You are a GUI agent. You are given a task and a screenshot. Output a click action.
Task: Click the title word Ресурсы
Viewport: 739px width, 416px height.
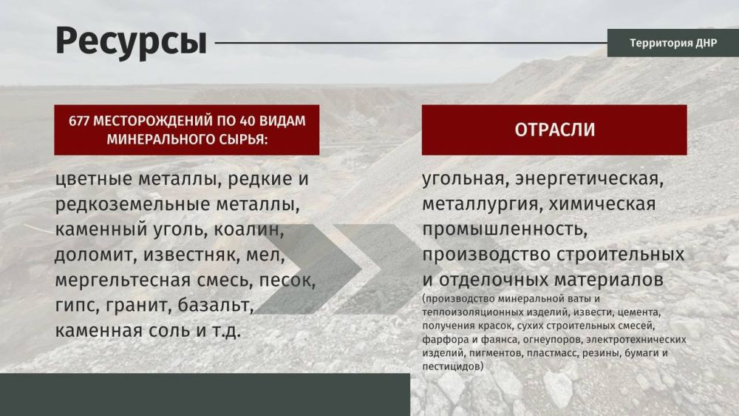(131, 41)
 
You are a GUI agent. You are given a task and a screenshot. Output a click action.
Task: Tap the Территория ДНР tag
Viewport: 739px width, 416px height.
(673, 43)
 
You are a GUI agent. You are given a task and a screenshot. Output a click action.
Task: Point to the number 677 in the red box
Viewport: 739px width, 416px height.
(79, 121)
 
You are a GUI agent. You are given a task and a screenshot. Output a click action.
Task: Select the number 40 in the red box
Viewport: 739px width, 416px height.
(248, 121)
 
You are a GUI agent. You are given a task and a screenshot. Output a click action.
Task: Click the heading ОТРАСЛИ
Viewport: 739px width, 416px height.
(555, 130)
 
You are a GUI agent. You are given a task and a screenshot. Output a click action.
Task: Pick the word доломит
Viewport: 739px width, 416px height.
(93, 255)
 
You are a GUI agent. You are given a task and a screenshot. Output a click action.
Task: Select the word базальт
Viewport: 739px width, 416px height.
(216, 306)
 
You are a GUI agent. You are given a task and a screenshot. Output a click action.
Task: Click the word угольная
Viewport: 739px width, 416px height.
(463, 179)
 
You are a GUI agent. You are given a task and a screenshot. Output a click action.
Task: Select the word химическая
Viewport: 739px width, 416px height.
(602, 204)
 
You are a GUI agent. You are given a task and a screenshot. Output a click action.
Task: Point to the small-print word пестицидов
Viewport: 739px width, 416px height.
(452, 366)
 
